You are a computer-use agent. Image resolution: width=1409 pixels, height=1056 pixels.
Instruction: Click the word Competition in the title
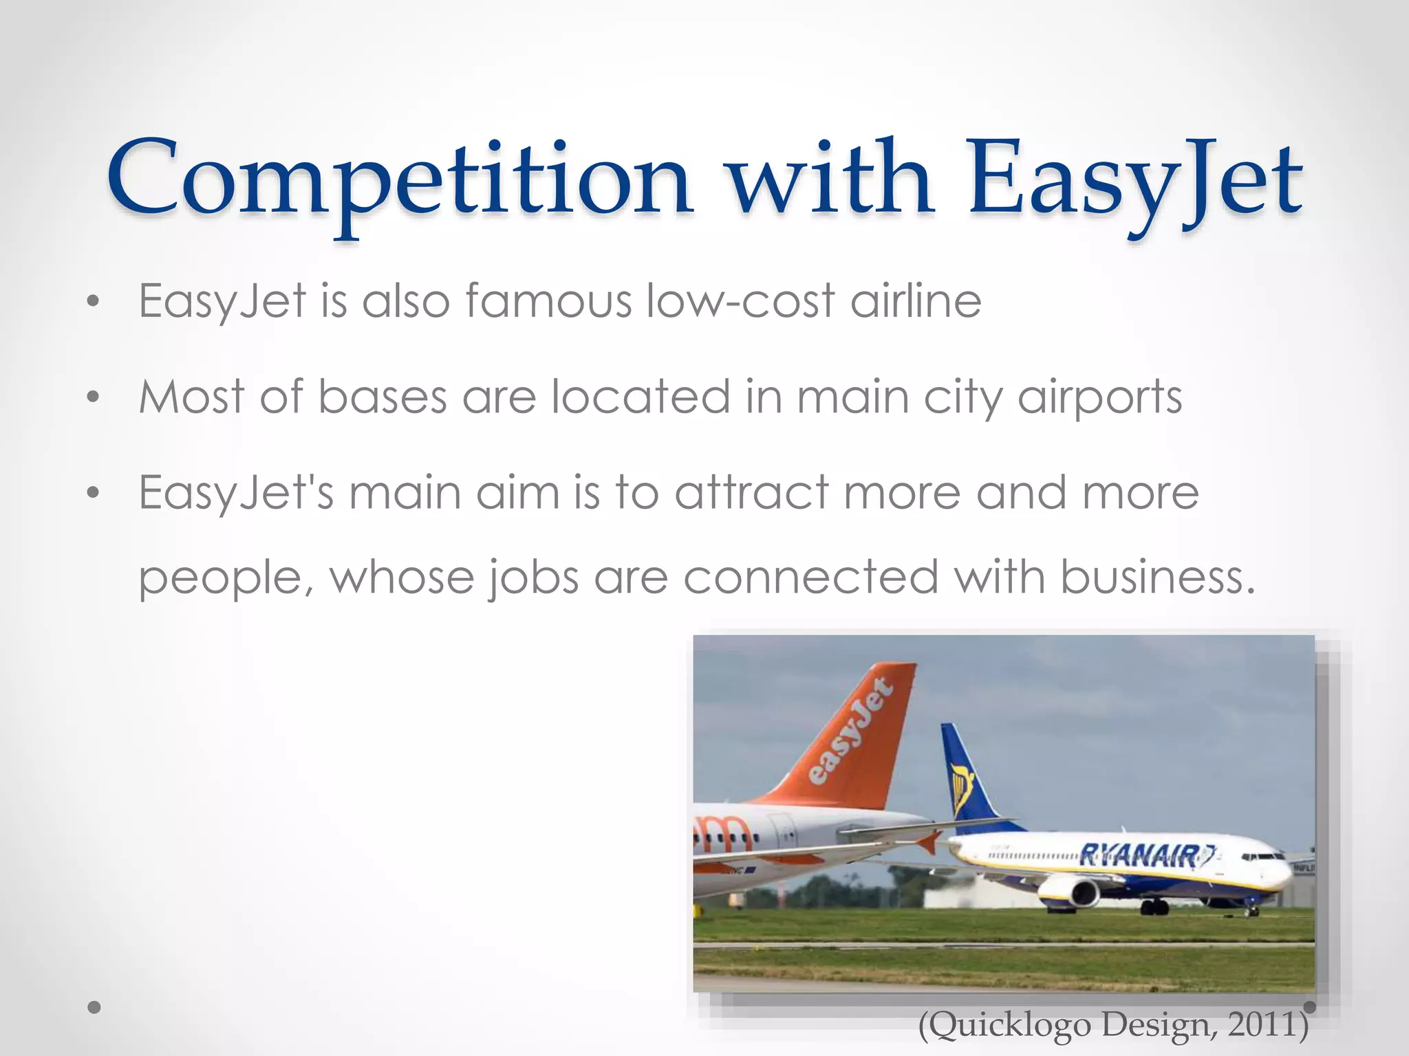(x=399, y=180)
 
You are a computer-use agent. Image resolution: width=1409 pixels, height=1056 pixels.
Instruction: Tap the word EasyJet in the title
(x=1135, y=180)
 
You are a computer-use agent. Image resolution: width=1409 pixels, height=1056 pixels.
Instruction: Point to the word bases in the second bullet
(x=383, y=397)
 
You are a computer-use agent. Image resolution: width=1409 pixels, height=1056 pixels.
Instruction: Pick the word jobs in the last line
(x=533, y=577)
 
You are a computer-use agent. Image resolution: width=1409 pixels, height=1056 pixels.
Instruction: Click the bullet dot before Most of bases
(x=94, y=397)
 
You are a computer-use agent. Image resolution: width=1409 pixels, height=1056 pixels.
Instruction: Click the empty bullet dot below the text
(x=94, y=1007)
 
